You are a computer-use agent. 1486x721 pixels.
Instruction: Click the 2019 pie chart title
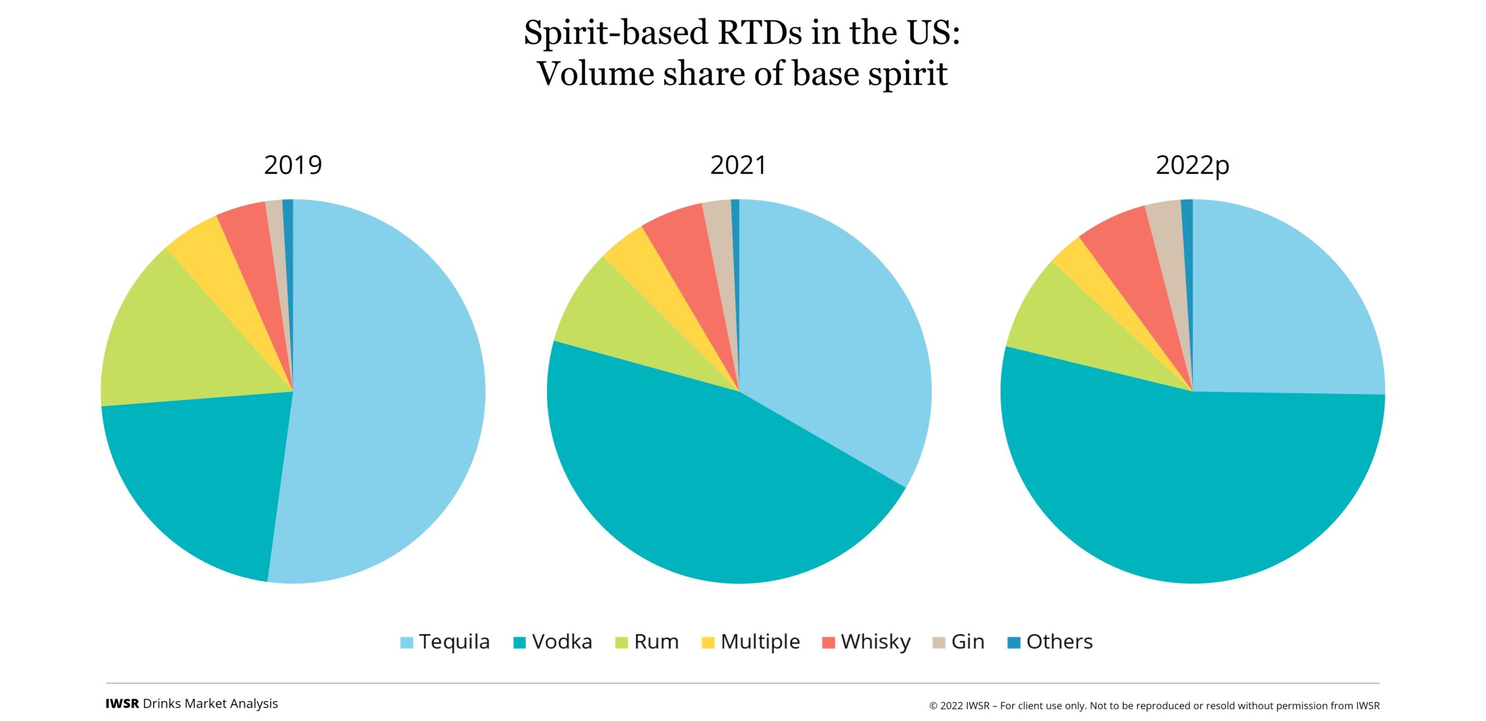(x=293, y=165)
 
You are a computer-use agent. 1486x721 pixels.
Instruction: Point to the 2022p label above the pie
(x=1192, y=165)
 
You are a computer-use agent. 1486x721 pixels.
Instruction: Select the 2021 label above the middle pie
(x=738, y=165)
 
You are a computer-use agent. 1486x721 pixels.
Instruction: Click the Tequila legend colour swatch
(x=406, y=643)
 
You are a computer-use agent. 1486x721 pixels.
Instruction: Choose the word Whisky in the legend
(x=875, y=642)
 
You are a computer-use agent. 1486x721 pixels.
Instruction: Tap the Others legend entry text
(x=1059, y=642)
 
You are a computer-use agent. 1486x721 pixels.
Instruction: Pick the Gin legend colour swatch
(x=939, y=643)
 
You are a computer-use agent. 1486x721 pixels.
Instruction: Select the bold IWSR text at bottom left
(x=122, y=704)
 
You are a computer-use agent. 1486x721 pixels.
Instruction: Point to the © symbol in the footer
(x=933, y=706)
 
